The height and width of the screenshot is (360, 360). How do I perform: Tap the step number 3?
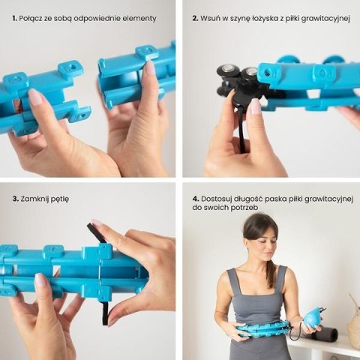15,199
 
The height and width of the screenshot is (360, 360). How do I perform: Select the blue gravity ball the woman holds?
311,318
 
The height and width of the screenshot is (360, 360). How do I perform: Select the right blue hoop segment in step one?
135,71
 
